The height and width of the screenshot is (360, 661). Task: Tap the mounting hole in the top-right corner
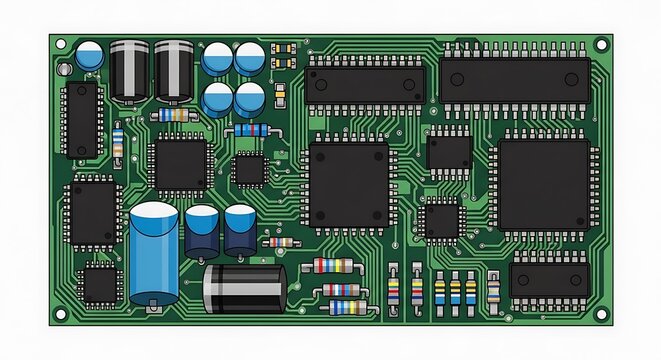(600, 45)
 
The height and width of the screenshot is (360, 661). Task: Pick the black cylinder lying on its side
(244, 288)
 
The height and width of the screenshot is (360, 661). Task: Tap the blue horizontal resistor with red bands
(250, 131)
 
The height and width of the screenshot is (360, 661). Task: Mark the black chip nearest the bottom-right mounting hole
(549, 281)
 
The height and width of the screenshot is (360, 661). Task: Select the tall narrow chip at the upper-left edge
(82, 120)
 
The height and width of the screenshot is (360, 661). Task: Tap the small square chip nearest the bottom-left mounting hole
(99, 284)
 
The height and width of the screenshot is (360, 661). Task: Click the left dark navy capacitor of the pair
(201, 231)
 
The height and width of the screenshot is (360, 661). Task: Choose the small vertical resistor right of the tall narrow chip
(119, 143)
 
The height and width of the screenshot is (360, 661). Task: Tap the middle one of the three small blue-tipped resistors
(456, 291)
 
